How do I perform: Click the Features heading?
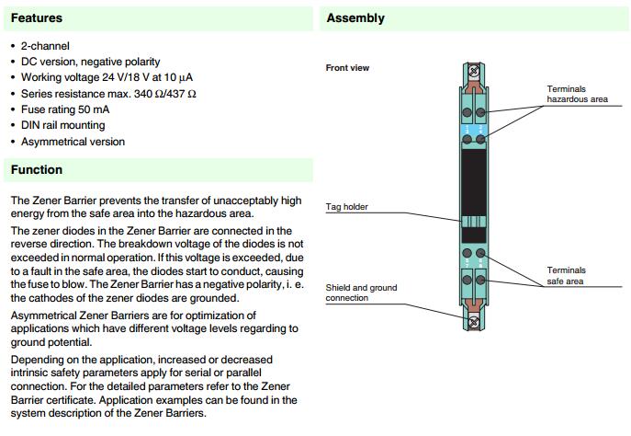(37, 17)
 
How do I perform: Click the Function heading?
(37, 169)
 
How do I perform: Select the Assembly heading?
(355, 17)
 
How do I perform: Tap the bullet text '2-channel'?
(45, 46)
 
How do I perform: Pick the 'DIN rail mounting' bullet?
(63, 125)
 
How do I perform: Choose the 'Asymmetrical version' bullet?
(73, 142)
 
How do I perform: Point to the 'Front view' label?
(347, 68)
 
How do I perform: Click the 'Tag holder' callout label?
(347, 207)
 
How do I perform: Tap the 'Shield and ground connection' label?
(361, 293)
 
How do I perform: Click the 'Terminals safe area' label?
(566, 276)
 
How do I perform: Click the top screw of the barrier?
(474, 70)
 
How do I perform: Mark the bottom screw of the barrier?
(474, 321)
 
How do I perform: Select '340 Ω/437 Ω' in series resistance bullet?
(163, 94)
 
